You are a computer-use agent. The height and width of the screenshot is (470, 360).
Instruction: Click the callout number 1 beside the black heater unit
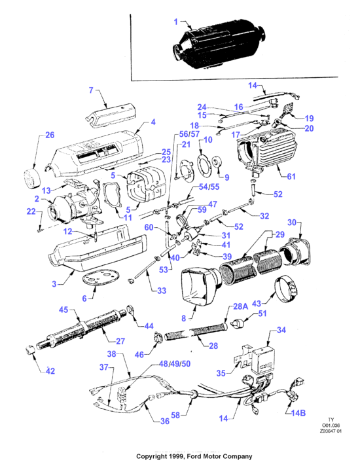[176, 22]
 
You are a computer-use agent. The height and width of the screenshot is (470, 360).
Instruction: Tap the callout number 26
[50, 135]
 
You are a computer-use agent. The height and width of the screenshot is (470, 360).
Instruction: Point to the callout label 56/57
[189, 134]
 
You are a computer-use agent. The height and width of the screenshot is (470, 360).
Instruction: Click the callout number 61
[291, 176]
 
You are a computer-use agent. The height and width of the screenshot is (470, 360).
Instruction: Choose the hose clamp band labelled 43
[287, 289]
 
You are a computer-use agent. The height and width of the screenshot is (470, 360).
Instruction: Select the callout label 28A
[241, 306]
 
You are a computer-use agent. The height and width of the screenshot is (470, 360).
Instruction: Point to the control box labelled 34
[263, 361]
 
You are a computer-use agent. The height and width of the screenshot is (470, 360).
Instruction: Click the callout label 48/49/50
[175, 363]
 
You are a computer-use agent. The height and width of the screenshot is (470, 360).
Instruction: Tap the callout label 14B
[298, 413]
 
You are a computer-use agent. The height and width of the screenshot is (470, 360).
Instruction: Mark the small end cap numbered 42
[30, 350]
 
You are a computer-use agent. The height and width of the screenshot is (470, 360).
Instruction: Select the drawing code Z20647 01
[331, 431]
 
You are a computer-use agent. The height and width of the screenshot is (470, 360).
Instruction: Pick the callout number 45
[63, 310]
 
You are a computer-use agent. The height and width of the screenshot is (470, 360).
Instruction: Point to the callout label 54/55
[209, 187]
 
